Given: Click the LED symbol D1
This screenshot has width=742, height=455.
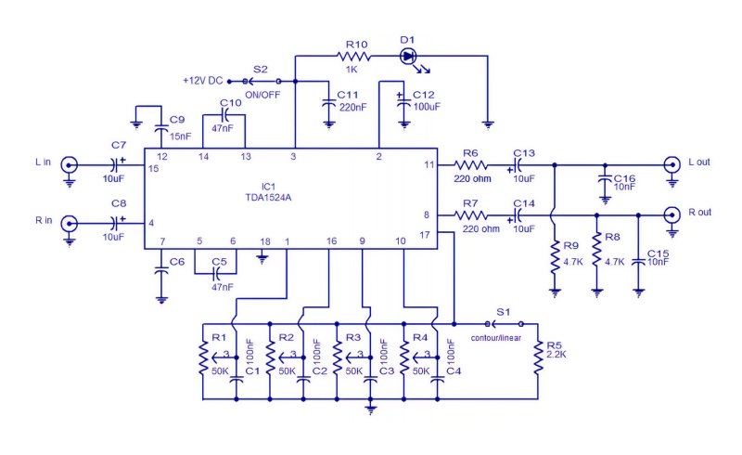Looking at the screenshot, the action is [408, 57].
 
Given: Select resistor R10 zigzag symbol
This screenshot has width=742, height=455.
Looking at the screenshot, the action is [353, 57].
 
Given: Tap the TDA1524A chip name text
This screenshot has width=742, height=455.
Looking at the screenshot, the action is [268, 197].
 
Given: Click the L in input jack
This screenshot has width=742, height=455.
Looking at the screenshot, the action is [70, 165].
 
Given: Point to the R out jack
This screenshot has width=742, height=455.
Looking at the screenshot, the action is [672, 215].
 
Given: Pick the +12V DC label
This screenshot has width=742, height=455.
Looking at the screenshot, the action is [202, 81].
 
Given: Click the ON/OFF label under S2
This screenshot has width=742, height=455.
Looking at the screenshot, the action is [262, 95].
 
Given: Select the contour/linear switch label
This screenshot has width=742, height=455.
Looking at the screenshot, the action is [496, 338].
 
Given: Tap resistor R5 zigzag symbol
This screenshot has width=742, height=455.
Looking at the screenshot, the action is [538, 357].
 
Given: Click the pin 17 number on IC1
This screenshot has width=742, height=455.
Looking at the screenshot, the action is [425, 235].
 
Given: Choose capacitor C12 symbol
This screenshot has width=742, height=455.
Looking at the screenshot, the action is [403, 101].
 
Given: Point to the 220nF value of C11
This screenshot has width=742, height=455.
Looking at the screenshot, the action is [353, 107].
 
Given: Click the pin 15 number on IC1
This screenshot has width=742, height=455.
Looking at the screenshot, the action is [153, 168].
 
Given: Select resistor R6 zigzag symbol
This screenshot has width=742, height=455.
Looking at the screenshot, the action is [471, 165].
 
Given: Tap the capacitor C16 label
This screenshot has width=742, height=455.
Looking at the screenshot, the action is [624, 178].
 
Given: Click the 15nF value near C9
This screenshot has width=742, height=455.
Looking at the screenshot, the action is [180, 136].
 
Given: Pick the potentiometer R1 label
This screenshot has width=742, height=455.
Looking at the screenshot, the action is [219, 337].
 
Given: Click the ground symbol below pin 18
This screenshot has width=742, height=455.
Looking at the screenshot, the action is [262, 259].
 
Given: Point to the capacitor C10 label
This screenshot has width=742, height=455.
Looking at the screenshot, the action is [231, 103].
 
